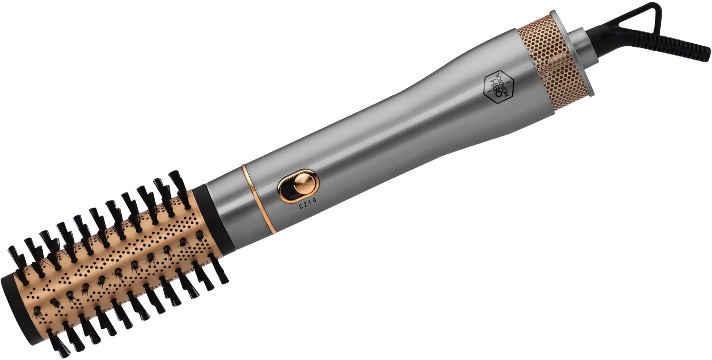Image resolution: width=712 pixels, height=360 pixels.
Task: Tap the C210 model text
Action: coord(307,206)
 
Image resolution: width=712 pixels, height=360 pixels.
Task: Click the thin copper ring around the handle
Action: coord(259,199)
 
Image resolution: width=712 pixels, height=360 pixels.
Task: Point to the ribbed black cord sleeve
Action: coord(679,45)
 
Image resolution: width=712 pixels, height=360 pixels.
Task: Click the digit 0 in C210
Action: coord(315,204)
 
